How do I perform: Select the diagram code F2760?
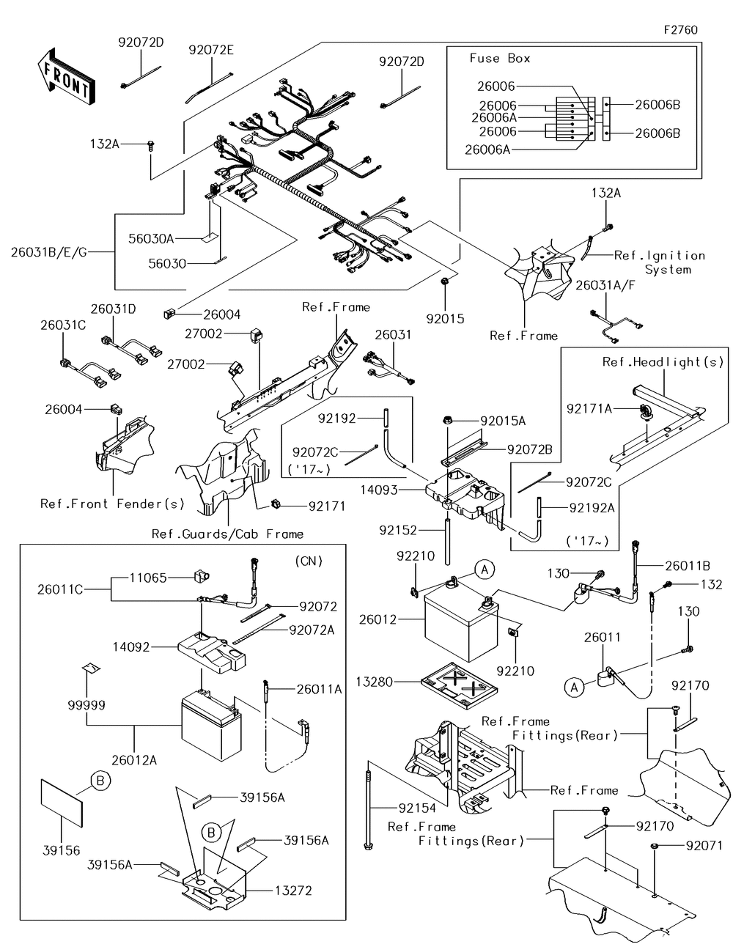(680, 30)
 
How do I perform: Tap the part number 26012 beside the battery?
(377, 620)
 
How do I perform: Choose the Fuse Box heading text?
(499, 59)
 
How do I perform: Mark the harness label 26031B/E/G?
(48, 252)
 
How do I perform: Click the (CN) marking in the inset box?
(309, 561)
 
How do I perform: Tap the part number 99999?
(87, 705)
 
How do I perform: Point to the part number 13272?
(293, 891)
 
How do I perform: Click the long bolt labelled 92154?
(369, 806)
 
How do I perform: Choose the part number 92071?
(704, 846)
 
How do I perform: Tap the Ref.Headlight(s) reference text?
(663, 362)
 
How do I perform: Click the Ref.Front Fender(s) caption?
(113, 504)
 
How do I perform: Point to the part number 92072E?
(211, 51)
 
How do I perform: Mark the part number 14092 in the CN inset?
(131, 647)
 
